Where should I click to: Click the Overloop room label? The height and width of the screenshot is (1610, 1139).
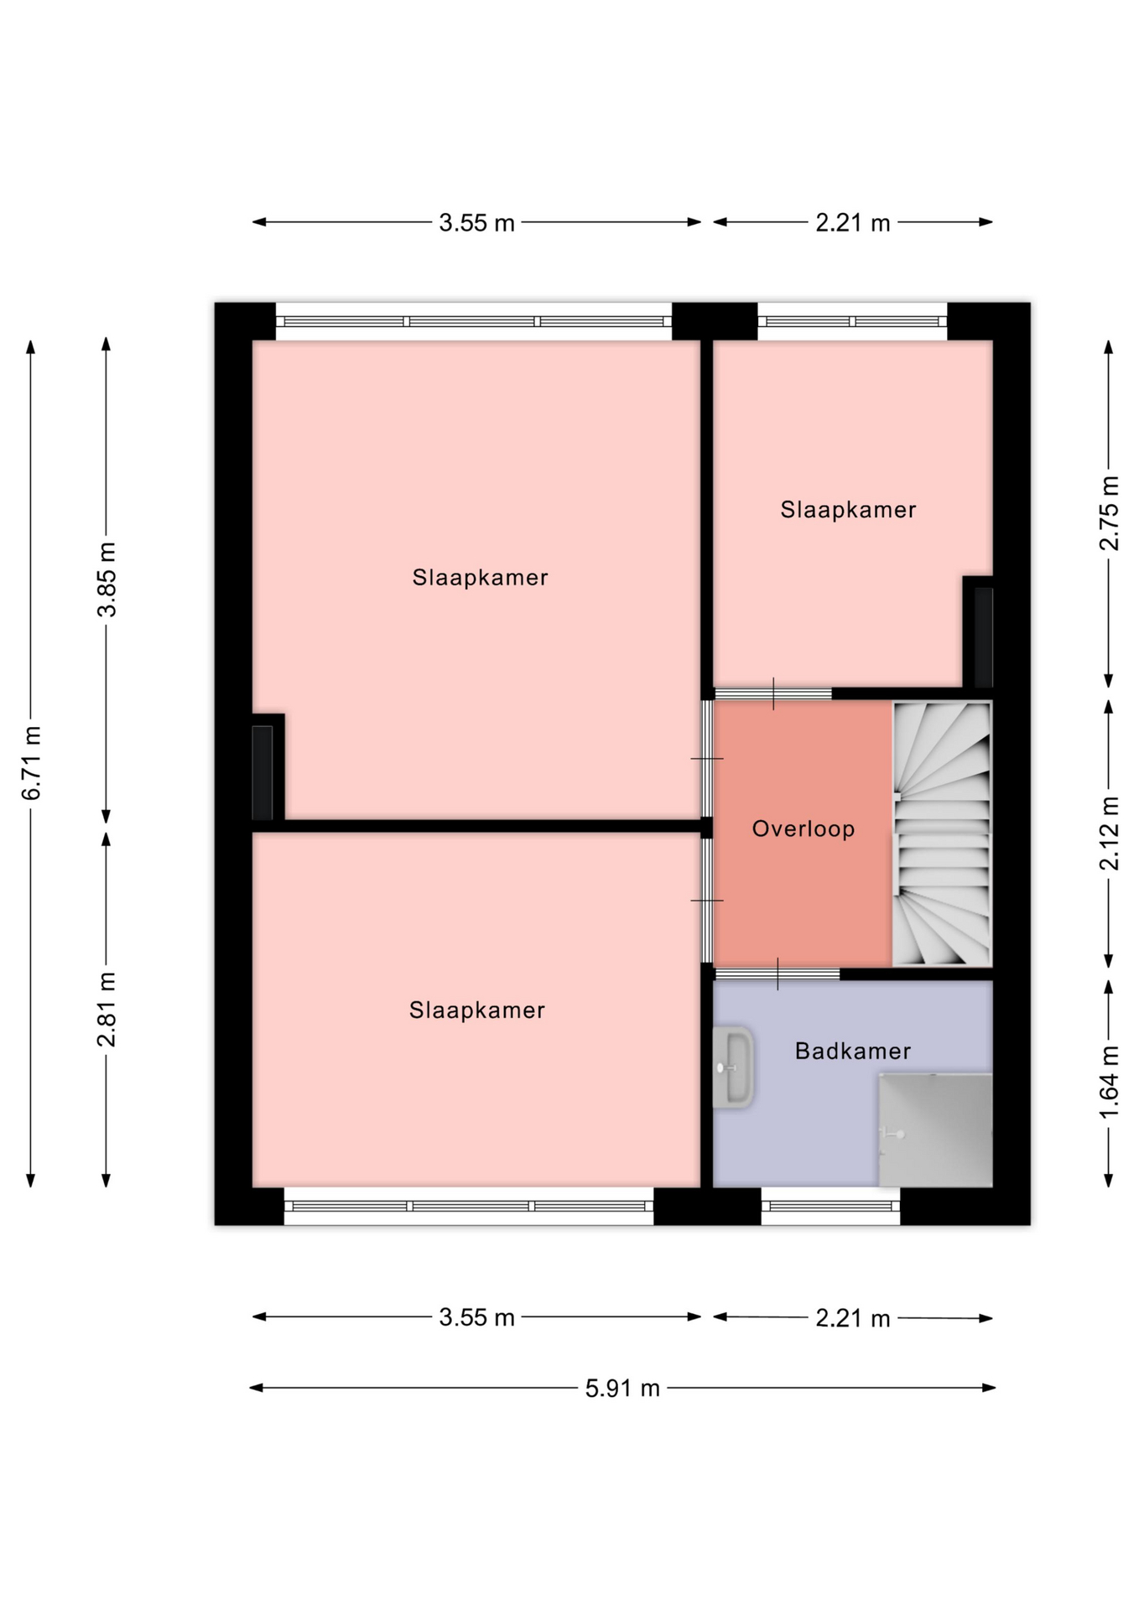click(803, 829)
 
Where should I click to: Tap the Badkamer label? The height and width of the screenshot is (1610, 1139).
click(852, 1052)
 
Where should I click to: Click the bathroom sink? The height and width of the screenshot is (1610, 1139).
click(733, 1067)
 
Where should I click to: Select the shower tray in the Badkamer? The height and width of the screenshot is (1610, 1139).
click(935, 1130)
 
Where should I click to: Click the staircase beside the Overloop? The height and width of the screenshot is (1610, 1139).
click(942, 834)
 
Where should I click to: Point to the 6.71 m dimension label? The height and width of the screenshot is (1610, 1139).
click(32, 762)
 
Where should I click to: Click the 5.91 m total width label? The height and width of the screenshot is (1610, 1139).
click(622, 1389)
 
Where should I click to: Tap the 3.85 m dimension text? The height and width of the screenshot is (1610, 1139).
click(107, 579)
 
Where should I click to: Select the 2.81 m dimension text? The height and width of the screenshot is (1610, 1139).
click(107, 1010)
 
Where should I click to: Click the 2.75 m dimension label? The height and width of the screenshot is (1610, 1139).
click(1109, 512)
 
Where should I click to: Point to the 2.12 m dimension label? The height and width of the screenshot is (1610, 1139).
click(1109, 834)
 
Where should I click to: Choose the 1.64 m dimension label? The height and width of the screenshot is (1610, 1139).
click(1109, 1082)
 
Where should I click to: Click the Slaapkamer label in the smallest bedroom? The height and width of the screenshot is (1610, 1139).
click(848, 510)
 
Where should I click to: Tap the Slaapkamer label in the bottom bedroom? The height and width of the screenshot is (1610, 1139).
click(476, 1010)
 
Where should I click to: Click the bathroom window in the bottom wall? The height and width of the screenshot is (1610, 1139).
click(830, 1207)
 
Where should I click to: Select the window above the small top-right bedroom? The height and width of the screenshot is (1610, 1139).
click(852, 321)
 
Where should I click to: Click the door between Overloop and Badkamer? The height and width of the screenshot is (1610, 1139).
click(777, 974)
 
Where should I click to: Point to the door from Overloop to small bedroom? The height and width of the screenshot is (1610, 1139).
click(772, 693)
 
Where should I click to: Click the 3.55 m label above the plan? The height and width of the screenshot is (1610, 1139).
click(476, 223)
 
